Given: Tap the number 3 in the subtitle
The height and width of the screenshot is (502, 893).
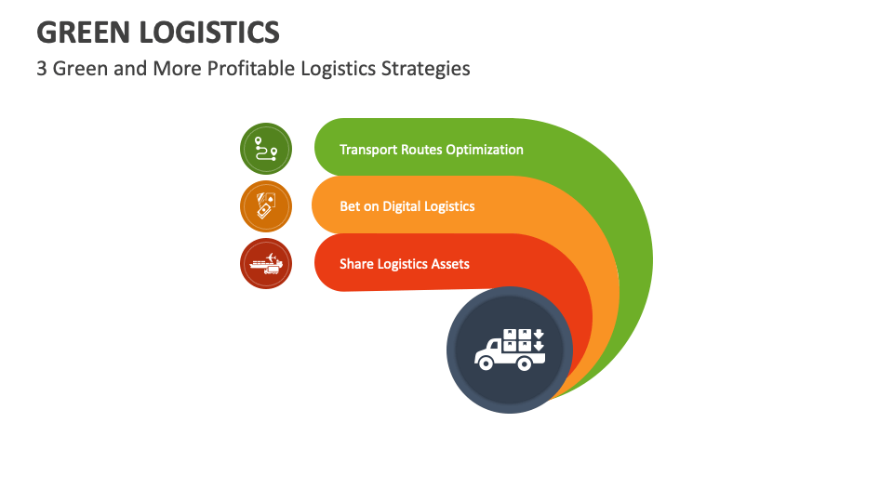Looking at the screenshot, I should coord(42,69).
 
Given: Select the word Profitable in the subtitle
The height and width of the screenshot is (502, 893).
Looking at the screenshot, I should coord(233,69).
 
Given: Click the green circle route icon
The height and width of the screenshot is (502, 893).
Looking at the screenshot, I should coord(266,149).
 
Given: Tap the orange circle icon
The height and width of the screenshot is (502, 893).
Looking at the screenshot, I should coord(266,206).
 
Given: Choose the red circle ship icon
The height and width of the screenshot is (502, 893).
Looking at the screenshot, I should coord(266,263).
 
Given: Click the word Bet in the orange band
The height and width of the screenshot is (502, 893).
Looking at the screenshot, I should coord(350,206).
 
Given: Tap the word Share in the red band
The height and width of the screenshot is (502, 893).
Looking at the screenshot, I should coord(356,264).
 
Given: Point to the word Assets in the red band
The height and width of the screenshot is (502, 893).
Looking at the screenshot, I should coord(448,264).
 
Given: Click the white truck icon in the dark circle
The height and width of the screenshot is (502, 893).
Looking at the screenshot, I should coord(509,350).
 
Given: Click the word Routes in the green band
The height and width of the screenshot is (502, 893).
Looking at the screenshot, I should coord(420,150).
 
